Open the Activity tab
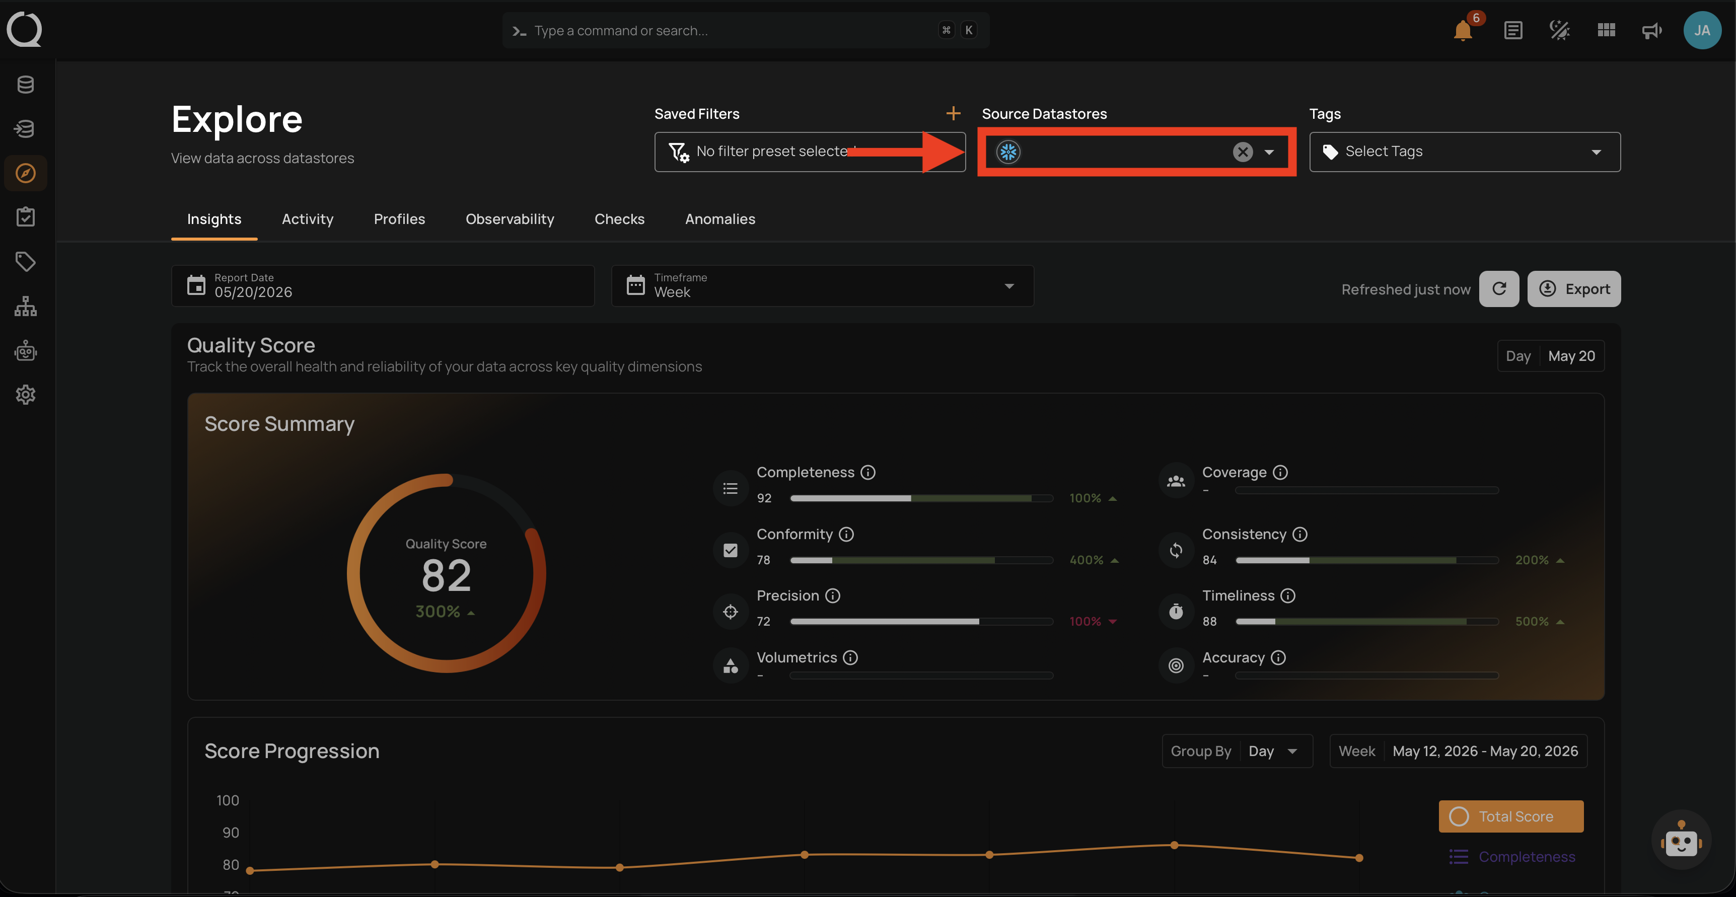307,219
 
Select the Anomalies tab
720,219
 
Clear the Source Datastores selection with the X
1243,153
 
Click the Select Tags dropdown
1465,152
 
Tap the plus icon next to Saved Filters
953,113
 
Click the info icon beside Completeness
868,473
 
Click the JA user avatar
1702,30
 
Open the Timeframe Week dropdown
822,286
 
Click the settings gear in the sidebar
26,395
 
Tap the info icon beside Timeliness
1288,596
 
